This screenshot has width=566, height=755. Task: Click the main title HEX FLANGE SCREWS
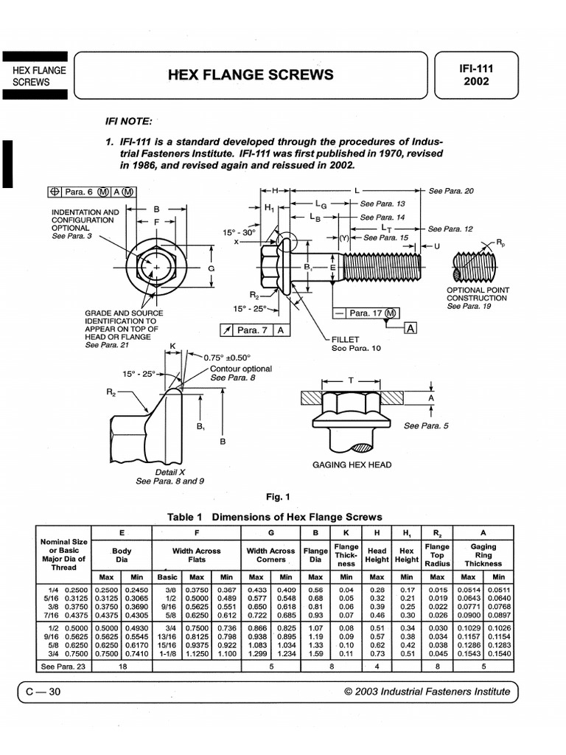click(251, 74)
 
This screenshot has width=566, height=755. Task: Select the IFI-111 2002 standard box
click(475, 74)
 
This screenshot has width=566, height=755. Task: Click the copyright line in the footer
click(427, 691)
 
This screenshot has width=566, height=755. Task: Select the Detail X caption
click(170, 472)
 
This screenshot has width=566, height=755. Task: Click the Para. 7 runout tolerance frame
click(254, 330)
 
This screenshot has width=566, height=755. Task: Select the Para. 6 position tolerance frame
click(91, 192)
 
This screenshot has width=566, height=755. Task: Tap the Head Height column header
click(377, 555)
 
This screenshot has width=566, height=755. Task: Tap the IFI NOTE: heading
click(130, 120)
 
